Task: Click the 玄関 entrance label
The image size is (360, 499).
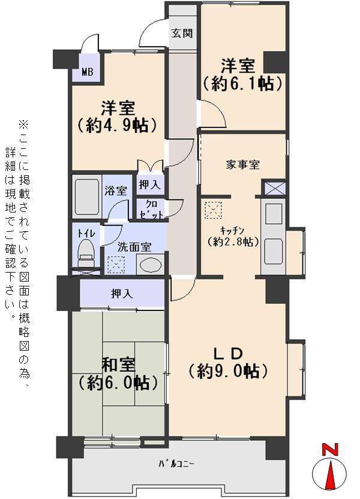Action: coord(182,33)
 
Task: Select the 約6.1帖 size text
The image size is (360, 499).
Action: coord(242,83)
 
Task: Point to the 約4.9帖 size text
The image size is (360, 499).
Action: coord(117,126)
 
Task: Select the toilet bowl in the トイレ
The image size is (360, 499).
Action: coord(87,252)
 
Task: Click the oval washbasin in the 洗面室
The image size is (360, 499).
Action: coord(150,264)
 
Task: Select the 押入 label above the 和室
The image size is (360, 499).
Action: coord(122,294)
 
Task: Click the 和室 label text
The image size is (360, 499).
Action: coord(118,364)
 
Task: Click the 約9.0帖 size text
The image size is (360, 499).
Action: coord(227,371)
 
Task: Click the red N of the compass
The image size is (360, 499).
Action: coord(329,449)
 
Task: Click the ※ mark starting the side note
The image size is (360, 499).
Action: coord(23,125)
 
